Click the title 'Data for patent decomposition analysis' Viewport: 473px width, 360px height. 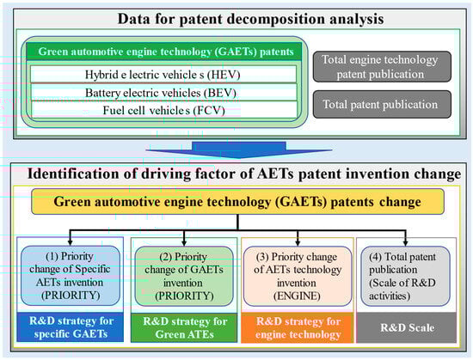click(x=250, y=19)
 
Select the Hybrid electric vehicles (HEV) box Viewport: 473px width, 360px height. click(x=163, y=74)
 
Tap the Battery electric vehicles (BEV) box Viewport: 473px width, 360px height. click(x=163, y=92)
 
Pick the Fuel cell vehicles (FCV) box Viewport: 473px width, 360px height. click(x=163, y=110)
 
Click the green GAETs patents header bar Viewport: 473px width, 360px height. click(x=163, y=52)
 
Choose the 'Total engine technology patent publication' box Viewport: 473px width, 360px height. click(x=382, y=66)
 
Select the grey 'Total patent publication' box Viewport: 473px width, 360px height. click(x=382, y=104)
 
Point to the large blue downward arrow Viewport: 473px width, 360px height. click(x=238, y=149)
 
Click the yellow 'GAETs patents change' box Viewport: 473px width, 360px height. click(x=237, y=202)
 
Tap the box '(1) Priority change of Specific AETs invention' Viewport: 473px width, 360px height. click(x=71, y=276)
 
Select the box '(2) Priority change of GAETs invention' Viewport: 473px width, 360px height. click(x=184, y=277)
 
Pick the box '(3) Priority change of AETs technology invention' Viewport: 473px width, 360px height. click(x=298, y=277)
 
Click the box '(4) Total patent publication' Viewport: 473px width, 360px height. click(x=405, y=277)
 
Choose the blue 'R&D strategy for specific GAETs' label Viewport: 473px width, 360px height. click(x=71, y=327)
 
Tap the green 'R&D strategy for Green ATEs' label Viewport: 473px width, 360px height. click(x=184, y=327)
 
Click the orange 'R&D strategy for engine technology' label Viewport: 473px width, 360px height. click(x=298, y=327)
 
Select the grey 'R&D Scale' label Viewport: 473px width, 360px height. click(x=406, y=327)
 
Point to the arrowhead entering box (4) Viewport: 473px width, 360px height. click(x=405, y=243)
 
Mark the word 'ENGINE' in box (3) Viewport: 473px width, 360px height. click(x=297, y=296)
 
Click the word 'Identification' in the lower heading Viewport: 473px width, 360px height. click(x=65, y=174)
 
